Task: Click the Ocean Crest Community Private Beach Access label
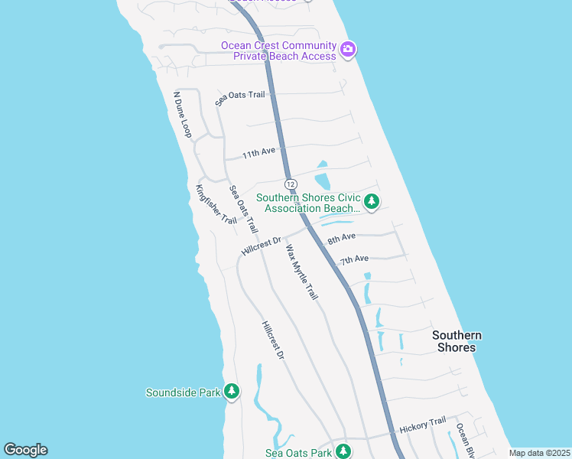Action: (278, 50)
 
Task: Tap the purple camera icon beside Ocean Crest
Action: (348, 49)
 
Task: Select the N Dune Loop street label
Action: (182, 115)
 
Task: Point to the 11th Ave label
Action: (258, 153)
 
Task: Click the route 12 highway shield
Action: (291, 184)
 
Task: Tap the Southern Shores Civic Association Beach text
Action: (308, 203)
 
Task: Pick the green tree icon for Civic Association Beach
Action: (372, 202)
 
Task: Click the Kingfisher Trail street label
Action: (216, 204)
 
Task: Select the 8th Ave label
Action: (342, 239)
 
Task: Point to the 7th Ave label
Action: (355, 260)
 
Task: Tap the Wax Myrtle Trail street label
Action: (301, 272)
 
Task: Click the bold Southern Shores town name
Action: (457, 341)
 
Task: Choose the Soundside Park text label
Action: (184, 392)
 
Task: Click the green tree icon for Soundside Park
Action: (232, 392)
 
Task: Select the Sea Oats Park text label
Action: (299, 453)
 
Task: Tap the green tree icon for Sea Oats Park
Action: (343, 451)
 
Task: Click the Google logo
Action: (25, 450)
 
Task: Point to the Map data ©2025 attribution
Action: (538, 453)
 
